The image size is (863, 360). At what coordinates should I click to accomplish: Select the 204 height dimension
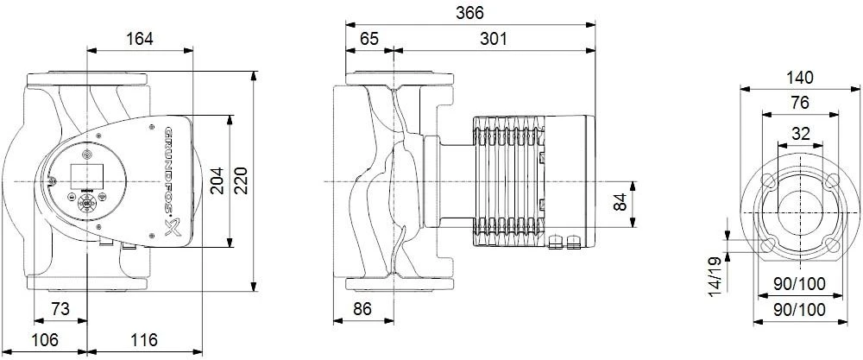click(x=217, y=180)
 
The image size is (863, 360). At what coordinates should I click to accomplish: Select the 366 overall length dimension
click(x=471, y=13)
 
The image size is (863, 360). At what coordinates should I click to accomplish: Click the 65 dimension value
click(x=369, y=39)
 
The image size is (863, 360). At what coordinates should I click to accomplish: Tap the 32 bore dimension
click(x=800, y=133)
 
